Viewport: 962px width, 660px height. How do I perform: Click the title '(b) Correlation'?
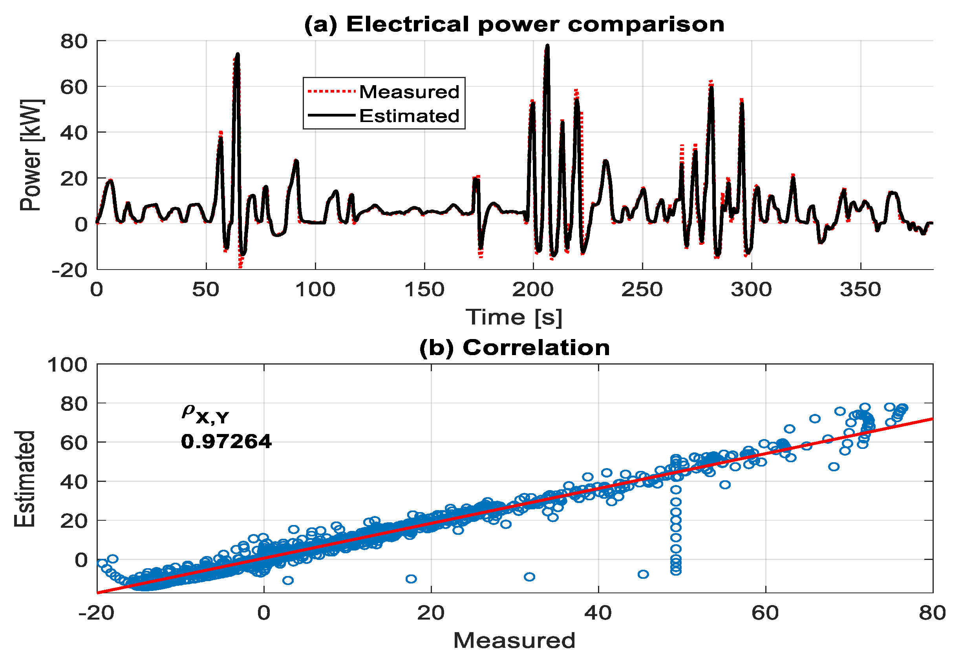(514, 348)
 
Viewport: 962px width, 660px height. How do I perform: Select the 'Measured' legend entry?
(409, 92)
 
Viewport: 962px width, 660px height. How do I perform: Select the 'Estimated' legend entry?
(409, 116)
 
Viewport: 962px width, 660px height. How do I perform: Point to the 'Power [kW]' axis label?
(31, 155)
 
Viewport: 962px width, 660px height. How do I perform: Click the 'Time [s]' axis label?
(514, 317)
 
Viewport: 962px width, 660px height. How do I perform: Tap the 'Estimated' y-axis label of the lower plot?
(25, 479)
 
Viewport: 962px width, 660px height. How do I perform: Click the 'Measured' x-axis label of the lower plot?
(514, 640)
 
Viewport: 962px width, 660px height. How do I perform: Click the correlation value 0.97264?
(226, 441)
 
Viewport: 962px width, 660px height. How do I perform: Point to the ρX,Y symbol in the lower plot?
(205, 414)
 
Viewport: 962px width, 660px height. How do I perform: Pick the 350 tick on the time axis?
(860, 290)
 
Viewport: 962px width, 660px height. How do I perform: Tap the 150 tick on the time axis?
(424, 290)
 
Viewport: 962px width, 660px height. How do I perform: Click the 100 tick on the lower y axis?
(68, 365)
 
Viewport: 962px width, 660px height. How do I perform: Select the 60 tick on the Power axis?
(74, 87)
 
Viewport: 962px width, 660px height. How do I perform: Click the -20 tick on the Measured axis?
(96, 613)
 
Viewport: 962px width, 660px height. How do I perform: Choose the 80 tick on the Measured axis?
(932, 613)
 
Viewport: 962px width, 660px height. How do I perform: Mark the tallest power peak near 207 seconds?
(547, 46)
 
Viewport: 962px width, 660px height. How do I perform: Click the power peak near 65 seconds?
(238, 54)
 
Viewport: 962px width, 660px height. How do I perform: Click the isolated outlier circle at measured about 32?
(529, 577)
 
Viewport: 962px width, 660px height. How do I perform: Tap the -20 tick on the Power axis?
(69, 270)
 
